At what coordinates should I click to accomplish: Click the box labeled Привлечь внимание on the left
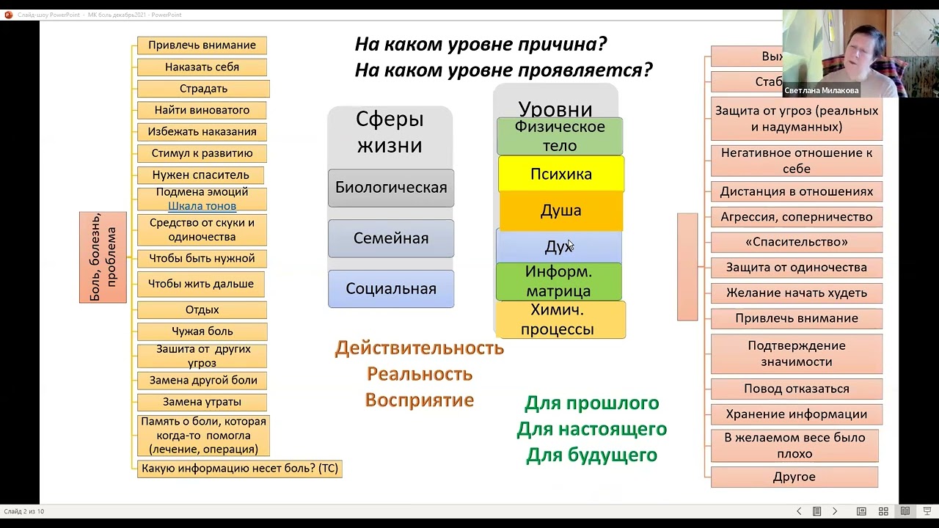coord(202,45)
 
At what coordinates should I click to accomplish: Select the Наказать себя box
coord(202,67)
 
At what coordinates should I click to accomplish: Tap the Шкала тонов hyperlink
coord(202,206)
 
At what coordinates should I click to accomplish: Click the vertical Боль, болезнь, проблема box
coord(103,257)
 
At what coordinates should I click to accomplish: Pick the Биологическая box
coord(391,188)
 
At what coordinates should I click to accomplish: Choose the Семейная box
coord(391,238)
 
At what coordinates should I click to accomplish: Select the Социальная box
coord(391,289)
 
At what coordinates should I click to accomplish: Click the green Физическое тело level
coord(560,136)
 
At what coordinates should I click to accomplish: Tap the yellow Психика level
coord(561,175)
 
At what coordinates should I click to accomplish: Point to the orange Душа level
coord(561,211)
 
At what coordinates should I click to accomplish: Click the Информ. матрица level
coord(559,282)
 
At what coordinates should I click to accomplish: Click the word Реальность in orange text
coord(420,374)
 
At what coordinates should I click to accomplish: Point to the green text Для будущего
coord(591,455)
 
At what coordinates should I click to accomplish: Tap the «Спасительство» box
coord(796,242)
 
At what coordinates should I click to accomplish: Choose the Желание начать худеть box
coord(796,293)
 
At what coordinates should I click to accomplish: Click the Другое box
coord(794,477)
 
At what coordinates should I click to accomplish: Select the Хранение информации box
coord(796,414)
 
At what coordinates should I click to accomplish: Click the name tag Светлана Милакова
coord(821,91)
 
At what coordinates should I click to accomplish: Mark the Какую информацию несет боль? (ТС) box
coord(240,469)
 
